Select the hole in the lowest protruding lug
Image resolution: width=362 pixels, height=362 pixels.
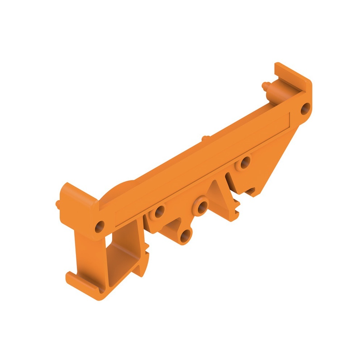click(x=185, y=235)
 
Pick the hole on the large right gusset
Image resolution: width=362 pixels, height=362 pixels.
click(x=245, y=163)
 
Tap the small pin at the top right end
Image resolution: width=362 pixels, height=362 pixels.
click(x=265, y=85)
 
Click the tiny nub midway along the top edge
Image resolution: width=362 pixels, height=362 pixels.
click(x=205, y=138)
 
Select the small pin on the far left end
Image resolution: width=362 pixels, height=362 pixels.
click(x=58, y=204)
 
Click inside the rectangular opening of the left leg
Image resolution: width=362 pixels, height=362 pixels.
click(x=123, y=253)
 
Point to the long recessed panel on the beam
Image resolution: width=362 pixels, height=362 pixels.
click(x=203, y=167)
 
